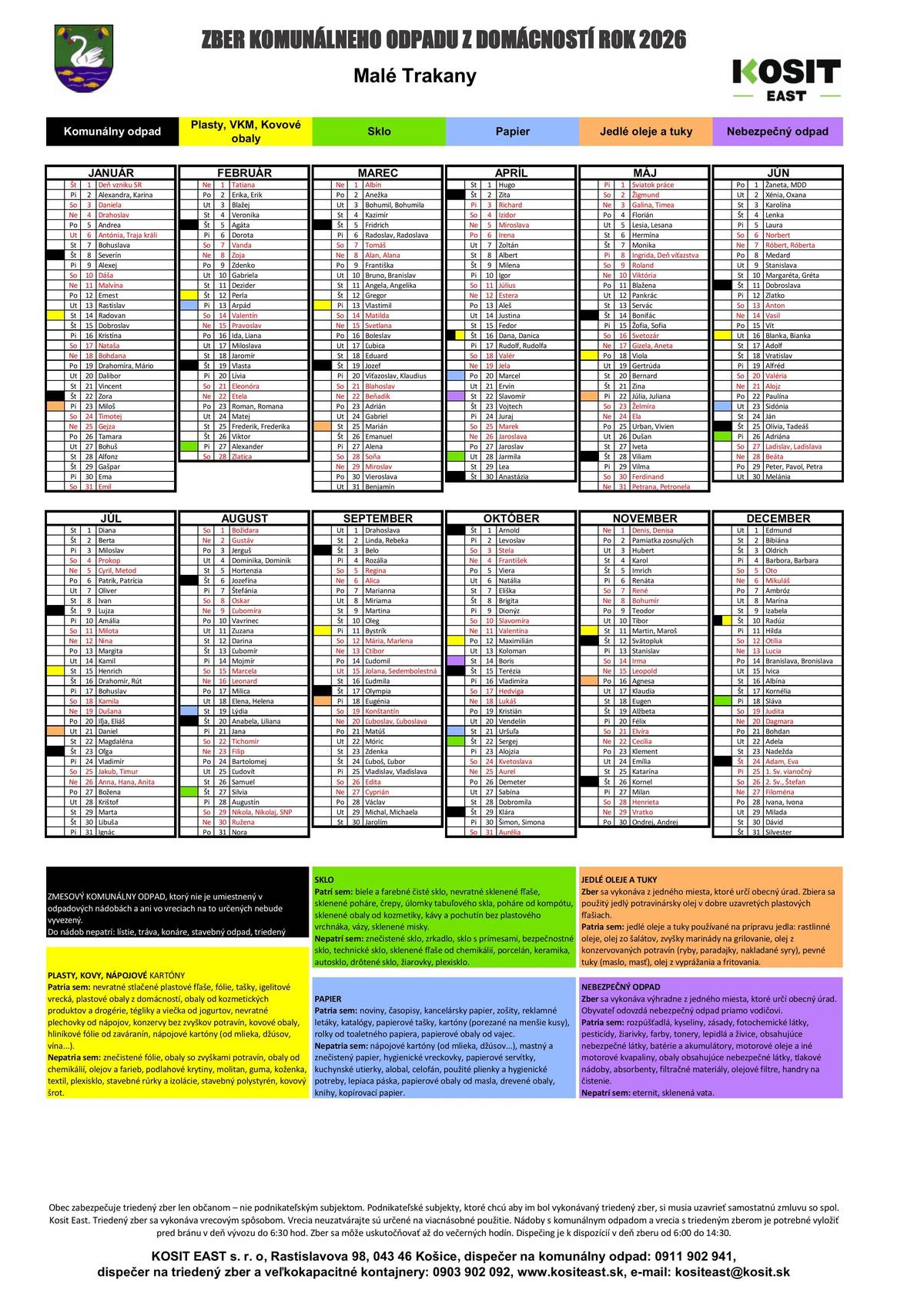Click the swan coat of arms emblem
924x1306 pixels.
[84, 58]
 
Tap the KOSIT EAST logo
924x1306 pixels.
[785, 79]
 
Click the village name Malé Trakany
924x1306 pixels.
[415, 76]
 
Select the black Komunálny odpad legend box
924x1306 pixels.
[112, 132]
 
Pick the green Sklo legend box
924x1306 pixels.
[379, 132]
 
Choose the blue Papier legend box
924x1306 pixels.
[512, 132]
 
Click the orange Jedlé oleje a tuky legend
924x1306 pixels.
[645, 132]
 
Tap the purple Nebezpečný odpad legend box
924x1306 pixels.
[778, 132]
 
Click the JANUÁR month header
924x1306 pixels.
[111, 173]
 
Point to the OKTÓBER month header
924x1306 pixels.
[511, 519]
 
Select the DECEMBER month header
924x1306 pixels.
[778, 519]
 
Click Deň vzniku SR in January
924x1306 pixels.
[119, 185]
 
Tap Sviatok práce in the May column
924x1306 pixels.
[652, 185]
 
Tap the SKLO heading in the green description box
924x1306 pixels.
[324, 879]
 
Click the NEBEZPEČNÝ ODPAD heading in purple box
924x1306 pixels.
[621, 987]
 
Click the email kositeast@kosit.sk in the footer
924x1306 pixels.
[731, 1272]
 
